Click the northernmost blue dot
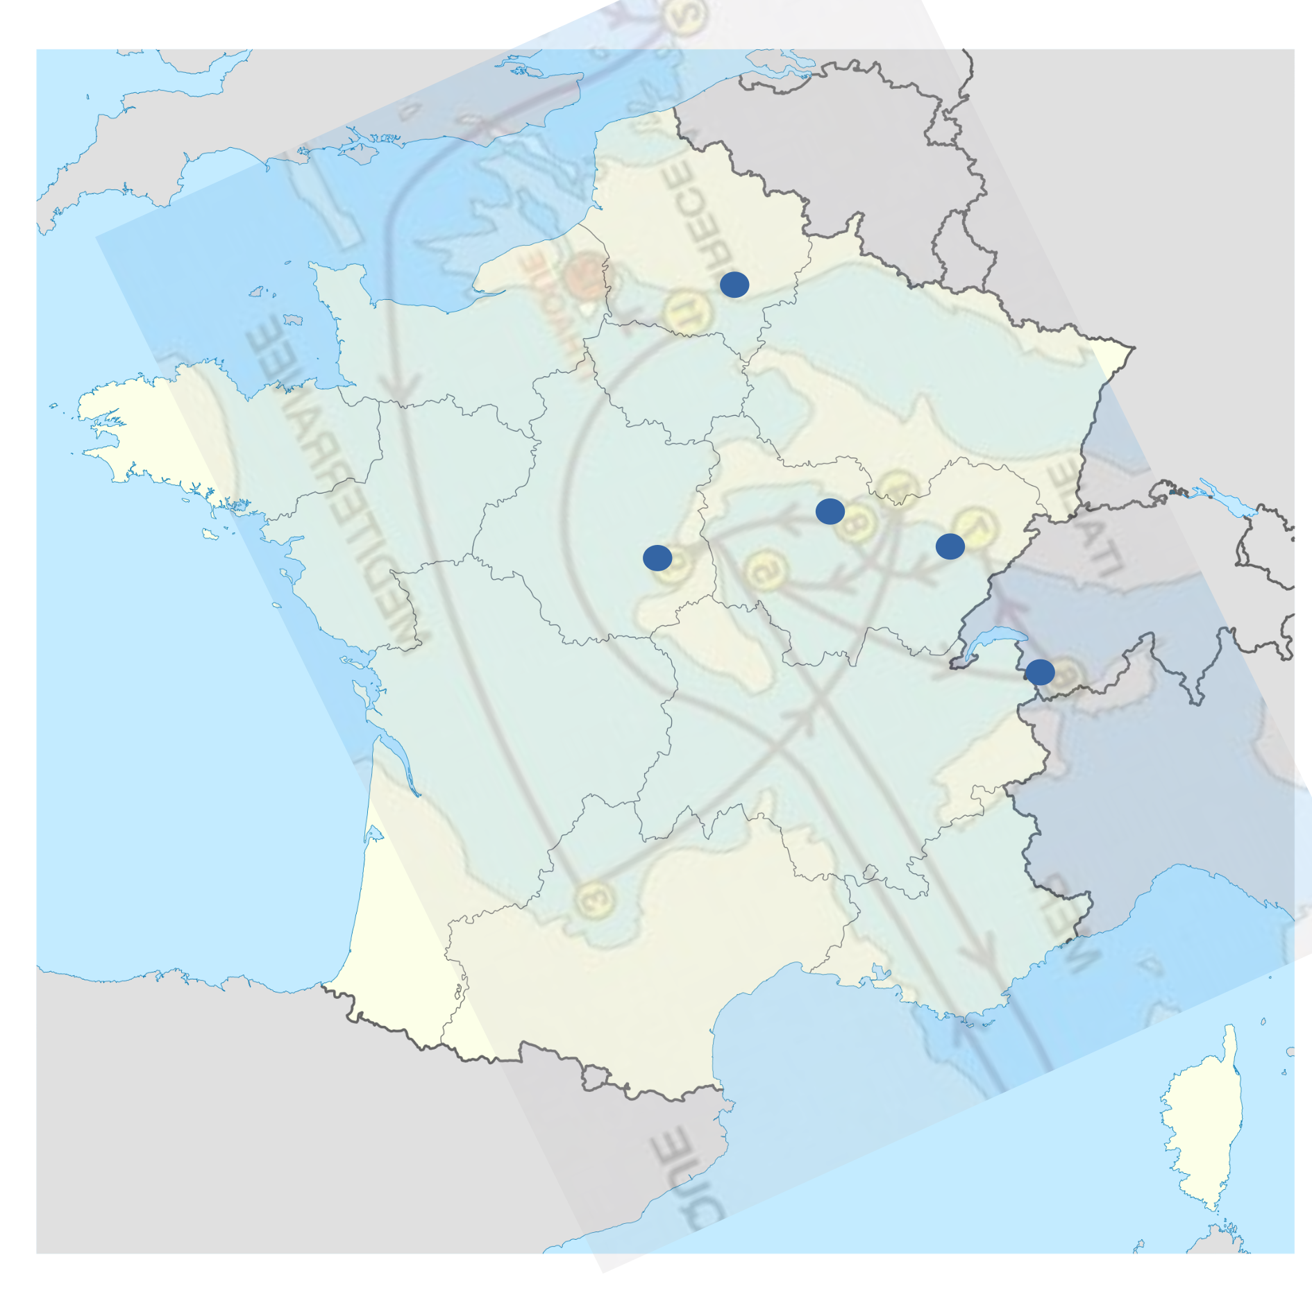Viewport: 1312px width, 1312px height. pyautogui.click(x=734, y=284)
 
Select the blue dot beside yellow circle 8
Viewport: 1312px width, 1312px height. pyautogui.click(x=830, y=511)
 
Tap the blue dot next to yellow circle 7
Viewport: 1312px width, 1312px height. pyautogui.click(x=950, y=546)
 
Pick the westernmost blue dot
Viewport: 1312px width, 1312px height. pyautogui.click(x=657, y=557)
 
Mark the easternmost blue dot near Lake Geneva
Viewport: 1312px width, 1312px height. pyautogui.click(x=1040, y=672)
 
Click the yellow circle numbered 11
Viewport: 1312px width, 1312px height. pyautogui.click(x=687, y=312)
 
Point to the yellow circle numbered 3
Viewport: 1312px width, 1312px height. pyautogui.click(x=596, y=900)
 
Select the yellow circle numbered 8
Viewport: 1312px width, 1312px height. pyautogui.click(x=856, y=522)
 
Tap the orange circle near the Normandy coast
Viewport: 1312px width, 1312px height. pyautogui.click(x=585, y=276)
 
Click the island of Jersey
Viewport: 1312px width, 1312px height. pyautogui.click(x=293, y=320)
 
